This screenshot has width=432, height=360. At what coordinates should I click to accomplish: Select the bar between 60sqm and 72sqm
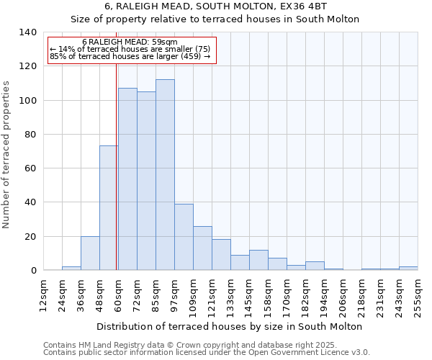click(x=127, y=179)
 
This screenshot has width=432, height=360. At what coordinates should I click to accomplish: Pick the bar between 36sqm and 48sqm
click(x=90, y=253)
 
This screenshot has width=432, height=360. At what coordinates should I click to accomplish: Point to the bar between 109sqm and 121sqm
click(x=202, y=248)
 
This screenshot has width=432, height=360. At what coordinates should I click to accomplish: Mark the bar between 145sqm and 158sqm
click(x=258, y=260)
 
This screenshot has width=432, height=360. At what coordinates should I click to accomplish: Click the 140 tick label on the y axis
click(x=27, y=32)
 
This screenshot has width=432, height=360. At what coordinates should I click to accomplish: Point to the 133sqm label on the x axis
click(x=231, y=295)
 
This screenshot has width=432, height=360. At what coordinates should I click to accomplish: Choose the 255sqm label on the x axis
click(x=418, y=295)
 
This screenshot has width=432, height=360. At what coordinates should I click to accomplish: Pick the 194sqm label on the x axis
click(x=325, y=295)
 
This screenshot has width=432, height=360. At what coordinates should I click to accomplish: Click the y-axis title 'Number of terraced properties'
click(x=7, y=155)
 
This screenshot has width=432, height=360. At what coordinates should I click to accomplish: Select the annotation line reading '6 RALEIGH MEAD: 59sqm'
click(x=130, y=42)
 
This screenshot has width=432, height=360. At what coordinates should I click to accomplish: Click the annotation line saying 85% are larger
click(x=130, y=56)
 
